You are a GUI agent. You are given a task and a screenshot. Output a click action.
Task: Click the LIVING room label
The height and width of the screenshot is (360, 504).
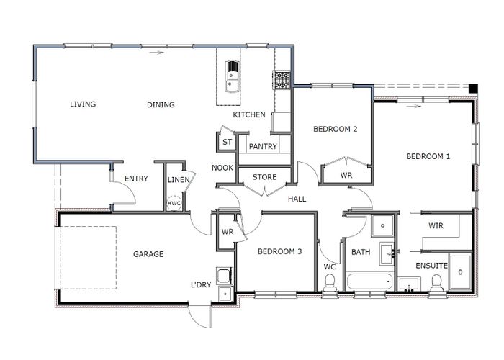[83, 104]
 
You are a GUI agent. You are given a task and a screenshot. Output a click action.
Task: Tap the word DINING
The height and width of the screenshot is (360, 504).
[161, 105]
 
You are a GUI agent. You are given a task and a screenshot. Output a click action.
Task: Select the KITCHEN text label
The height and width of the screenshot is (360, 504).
[249, 115]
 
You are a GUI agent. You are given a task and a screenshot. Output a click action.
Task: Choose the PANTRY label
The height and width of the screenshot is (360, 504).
[263, 146]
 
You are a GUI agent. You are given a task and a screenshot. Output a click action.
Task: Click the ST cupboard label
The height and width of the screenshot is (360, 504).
[227, 142]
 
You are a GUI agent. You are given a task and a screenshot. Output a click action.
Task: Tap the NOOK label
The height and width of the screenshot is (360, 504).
[221, 168]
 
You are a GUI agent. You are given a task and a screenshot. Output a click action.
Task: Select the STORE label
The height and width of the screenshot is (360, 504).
[264, 177]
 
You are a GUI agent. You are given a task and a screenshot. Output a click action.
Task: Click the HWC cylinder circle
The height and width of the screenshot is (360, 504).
[174, 204]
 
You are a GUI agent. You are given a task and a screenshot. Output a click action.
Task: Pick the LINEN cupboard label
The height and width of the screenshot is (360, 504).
[178, 179]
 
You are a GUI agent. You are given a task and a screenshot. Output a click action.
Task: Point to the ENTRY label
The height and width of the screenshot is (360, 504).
[136, 179]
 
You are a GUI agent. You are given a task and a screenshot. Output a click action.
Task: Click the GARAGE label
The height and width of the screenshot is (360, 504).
[148, 254]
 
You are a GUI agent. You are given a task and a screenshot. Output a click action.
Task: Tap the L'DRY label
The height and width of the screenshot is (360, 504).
[200, 285]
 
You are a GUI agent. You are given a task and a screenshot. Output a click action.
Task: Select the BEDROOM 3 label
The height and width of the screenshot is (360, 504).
[279, 251]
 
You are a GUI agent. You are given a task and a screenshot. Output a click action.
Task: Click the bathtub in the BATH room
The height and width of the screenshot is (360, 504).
[368, 281]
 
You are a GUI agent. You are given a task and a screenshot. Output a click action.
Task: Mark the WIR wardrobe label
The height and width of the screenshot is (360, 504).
[436, 226]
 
